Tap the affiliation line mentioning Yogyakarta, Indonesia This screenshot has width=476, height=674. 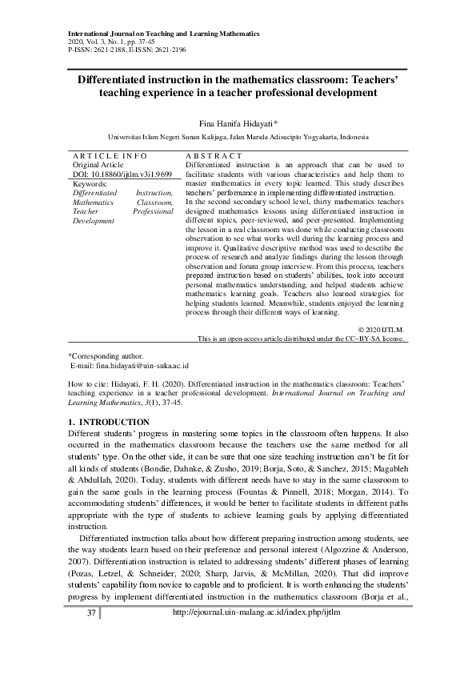(238, 138)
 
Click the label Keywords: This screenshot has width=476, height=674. (90, 184)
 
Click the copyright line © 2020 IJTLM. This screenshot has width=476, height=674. (382, 330)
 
